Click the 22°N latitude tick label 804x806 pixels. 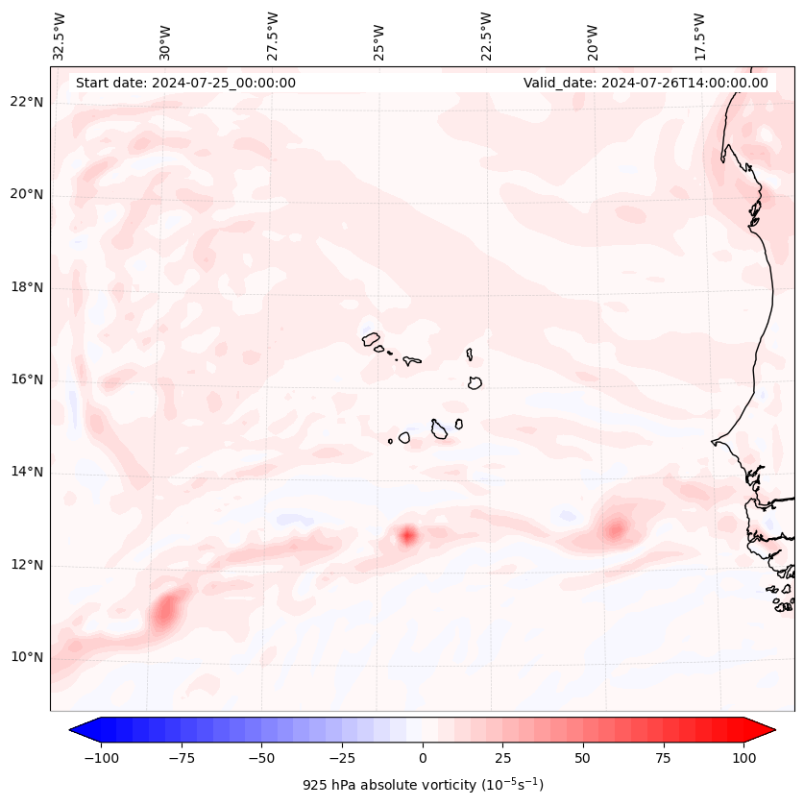click(27, 103)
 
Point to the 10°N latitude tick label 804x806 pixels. click(27, 658)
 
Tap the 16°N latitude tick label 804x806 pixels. click(27, 380)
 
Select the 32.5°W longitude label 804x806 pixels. click(60, 37)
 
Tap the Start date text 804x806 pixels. click(185, 83)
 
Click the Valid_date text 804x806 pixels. click(646, 83)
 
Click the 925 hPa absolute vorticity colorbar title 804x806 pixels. click(423, 785)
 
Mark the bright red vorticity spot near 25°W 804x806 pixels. click(407, 535)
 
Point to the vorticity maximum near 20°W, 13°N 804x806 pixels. click(615, 527)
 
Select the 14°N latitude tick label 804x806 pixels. click(27, 473)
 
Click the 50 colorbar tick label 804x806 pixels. click(583, 758)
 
